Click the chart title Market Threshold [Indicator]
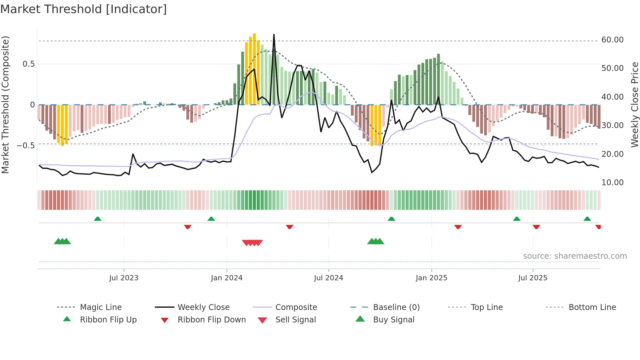point(84,9)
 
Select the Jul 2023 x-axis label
point(124,278)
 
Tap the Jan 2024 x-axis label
point(227,278)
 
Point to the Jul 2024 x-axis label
point(328,278)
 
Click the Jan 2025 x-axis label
point(431,278)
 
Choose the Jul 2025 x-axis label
point(533,278)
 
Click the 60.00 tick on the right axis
point(612,40)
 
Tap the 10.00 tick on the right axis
point(612,183)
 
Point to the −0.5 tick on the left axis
point(25,146)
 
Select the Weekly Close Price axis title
point(634,105)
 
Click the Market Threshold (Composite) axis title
point(5,105)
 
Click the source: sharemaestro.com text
point(575,256)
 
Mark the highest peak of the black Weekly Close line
point(274,35)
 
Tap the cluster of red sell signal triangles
point(252,243)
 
